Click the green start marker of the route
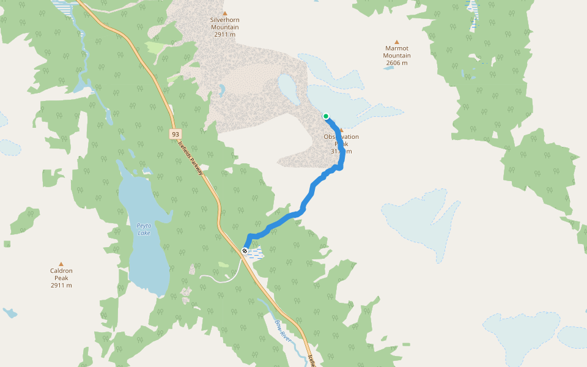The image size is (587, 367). [x=326, y=116]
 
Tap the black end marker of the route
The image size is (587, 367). [x=245, y=251]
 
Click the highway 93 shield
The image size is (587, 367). [x=175, y=133]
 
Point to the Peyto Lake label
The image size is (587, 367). [x=144, y=229]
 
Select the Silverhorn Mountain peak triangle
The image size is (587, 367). [x=224, y=13]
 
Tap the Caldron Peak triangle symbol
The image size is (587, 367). [x=61, y=264]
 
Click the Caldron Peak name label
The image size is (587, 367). [x=61, y=274]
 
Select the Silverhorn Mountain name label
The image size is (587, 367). [x=224, y=24]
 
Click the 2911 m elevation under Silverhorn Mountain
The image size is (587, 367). [x=224, y=35]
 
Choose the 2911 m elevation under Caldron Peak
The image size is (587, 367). [x=61, y=286]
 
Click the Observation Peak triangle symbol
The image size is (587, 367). [x=342, y=130]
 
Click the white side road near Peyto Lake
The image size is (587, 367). [x=214, y=278]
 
